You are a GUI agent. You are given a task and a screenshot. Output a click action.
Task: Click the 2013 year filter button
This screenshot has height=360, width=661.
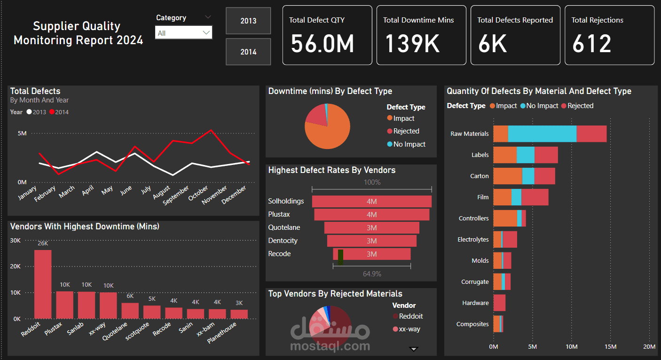[x=248, y=21]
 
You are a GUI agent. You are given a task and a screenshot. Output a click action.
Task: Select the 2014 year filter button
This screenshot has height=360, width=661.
[x=248, y=52]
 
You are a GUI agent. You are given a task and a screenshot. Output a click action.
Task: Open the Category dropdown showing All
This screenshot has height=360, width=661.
[x=183, y=33]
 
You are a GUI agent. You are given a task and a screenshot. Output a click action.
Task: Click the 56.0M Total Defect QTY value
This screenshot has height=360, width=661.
[x=322, y=44]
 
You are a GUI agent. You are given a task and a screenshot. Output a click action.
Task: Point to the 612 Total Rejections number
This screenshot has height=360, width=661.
[x=591, y=44]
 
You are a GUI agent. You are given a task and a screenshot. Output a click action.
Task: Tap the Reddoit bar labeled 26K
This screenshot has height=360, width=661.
[x=43, y=284]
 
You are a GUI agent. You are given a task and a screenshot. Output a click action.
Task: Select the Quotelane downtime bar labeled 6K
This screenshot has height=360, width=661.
[x=130, y=311]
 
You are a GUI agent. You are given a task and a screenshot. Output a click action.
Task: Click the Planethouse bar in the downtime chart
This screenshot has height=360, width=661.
[x=239, y=314]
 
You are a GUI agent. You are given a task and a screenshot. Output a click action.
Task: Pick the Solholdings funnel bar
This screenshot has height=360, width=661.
[x=372, y=201]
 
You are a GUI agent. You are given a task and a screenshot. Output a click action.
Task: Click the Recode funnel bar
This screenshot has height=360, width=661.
[x=372, y=254]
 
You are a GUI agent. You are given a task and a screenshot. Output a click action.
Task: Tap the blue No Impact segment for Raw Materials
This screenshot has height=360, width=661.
[x=542, y=133]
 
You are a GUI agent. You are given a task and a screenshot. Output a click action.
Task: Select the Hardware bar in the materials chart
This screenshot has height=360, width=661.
[x=499, y=303]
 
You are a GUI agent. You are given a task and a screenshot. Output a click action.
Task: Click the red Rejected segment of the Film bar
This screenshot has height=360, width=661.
[x=535, y=197]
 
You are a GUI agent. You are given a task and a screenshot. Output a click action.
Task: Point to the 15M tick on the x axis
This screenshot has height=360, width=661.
[x=610, y=346]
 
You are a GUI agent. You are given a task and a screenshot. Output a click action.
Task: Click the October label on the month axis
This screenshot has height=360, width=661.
[x=198, y=193]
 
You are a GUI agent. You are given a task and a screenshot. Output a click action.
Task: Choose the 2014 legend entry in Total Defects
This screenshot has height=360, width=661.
[x=59, y=112]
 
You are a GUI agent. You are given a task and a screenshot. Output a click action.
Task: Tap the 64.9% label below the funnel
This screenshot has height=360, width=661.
[x=372, y=274]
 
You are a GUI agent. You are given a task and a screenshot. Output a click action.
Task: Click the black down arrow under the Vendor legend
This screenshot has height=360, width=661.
[x=414, y=349]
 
